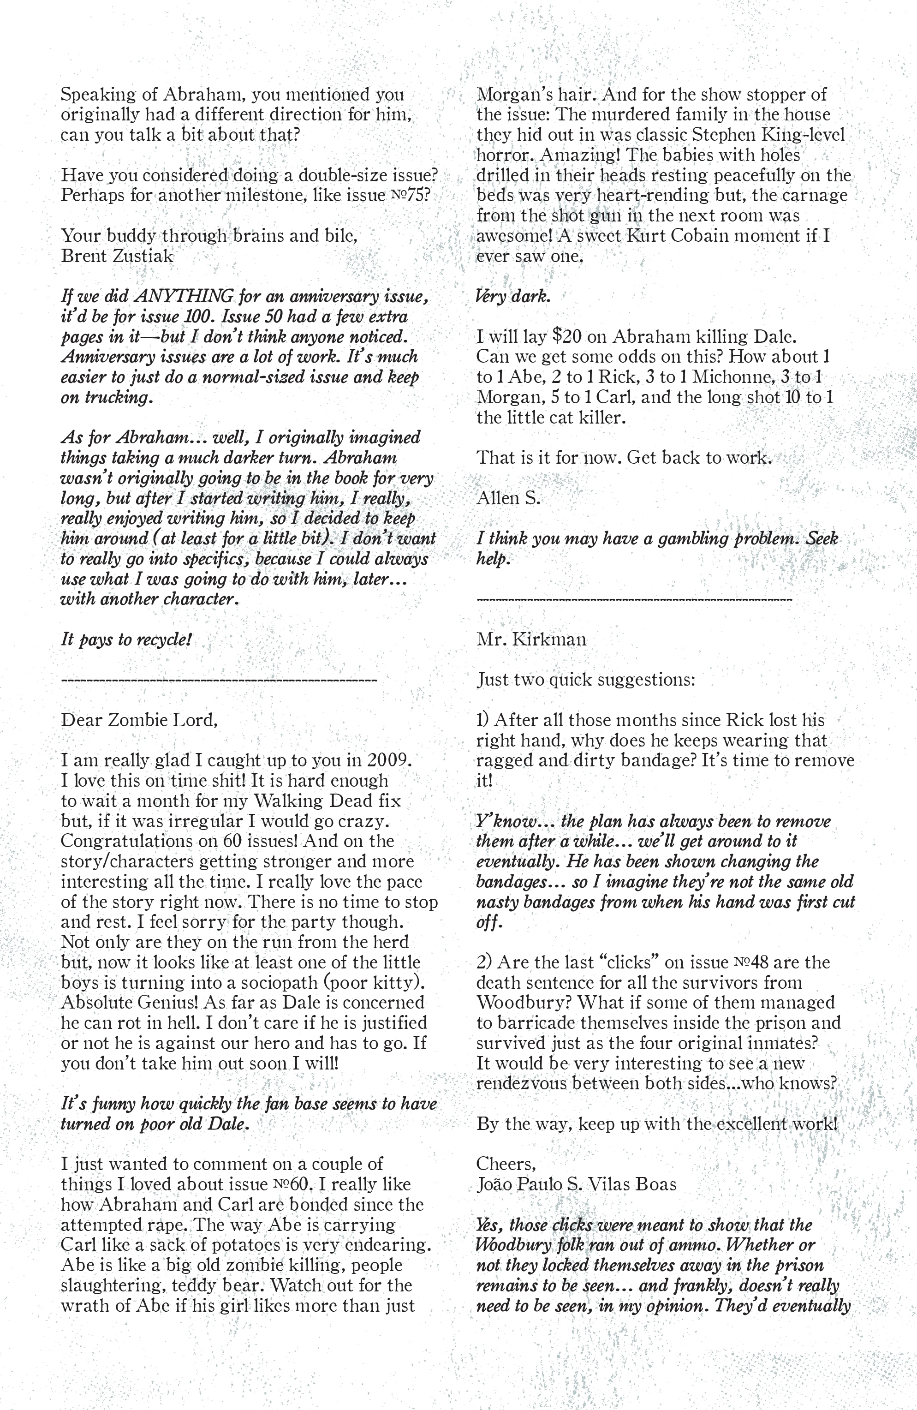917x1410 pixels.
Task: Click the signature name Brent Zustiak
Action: tap(117, 256)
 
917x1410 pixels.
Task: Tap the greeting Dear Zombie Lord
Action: tap(139, 720)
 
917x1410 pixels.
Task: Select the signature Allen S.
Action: tap(508, 498)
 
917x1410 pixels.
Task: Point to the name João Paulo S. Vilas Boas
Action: tap(576, 1184)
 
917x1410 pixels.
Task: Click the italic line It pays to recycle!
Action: tap(126, 640)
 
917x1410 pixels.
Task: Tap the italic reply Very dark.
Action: tap(513, 296)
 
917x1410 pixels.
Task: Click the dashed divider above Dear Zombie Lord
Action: tap(219, 680)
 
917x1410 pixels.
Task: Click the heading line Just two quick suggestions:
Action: tap(585, 680)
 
